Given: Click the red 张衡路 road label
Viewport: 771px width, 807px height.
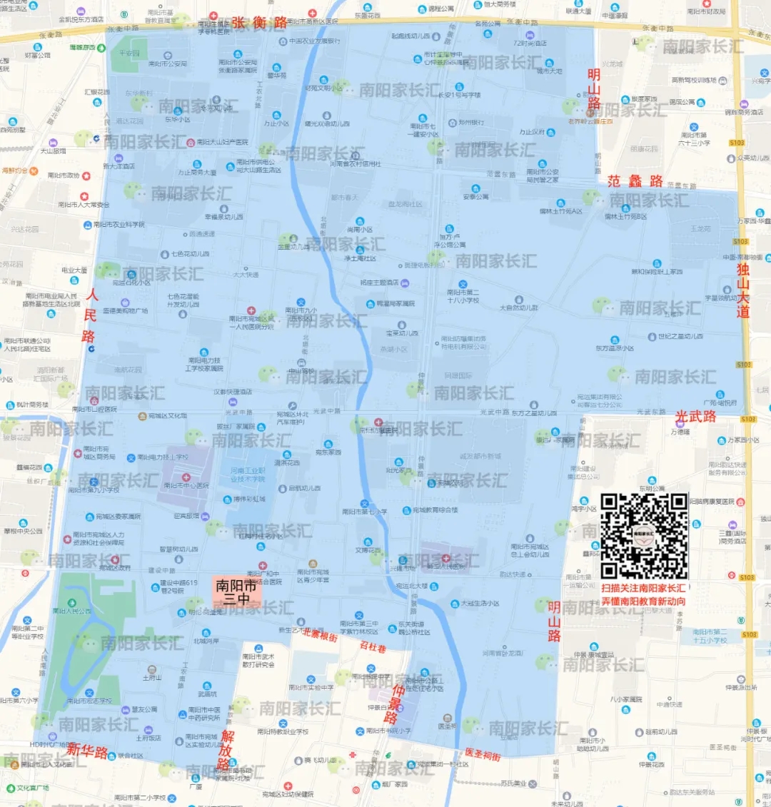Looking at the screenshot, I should [259, 23].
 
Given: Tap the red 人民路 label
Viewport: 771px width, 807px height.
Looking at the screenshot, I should [90, 315].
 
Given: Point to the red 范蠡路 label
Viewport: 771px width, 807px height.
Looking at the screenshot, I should [635, 181].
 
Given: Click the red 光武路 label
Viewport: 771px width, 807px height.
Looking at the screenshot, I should [695, 417].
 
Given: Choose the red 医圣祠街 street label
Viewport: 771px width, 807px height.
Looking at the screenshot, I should [483, 754].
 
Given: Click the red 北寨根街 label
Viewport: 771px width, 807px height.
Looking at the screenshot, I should [319, 634].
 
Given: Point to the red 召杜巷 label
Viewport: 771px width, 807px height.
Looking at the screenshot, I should [373, 647].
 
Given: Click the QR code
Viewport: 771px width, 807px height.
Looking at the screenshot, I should [644, 536].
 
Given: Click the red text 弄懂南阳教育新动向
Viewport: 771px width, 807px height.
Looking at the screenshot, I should [643, 602].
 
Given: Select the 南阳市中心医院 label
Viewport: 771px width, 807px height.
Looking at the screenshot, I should [186, 486].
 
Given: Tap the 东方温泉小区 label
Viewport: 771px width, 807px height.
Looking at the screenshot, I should [615, 348].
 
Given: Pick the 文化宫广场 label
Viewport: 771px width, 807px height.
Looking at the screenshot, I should [33, 788].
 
